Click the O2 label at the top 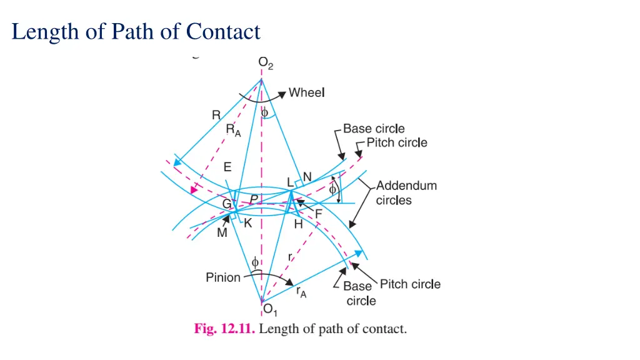(266, 63)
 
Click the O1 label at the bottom (269, 309)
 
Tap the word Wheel (306, 92)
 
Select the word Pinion (223, 277)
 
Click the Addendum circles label (406, 192)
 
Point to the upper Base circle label (374, 129)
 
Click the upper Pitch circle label (397, 142)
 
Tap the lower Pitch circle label (410, 284)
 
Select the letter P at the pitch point (254, 199)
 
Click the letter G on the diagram (227, 204)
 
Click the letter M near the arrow (222, 233)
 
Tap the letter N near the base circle (307, 177)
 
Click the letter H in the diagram (298, 224)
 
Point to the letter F (318, 214)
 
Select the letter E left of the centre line (227, 167)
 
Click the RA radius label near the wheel (233, 131)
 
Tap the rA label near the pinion (301, 291)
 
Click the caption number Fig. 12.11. (224, 329)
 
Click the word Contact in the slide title (223, 31)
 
